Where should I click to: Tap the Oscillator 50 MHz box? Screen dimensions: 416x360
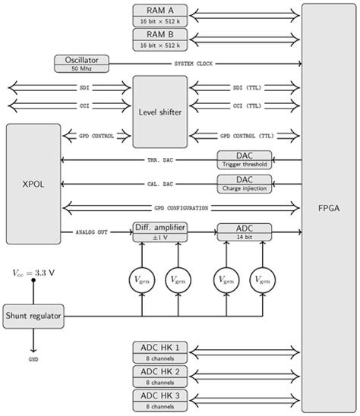[x=82, y=64]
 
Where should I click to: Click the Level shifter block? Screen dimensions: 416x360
[x=159, y=112]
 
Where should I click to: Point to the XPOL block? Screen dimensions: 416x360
[x=32, y=184]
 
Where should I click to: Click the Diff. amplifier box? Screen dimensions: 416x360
[x=159, y=232]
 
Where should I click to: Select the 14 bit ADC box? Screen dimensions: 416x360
[x=244, y=232]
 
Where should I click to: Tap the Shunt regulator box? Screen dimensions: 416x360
[x=33, y=314]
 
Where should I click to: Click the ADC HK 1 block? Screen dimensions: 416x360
[x=159, y=351]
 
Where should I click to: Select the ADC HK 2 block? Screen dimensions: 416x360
[x=159, y=375]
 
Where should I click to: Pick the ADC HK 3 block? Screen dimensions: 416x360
[x=159, y=399]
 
